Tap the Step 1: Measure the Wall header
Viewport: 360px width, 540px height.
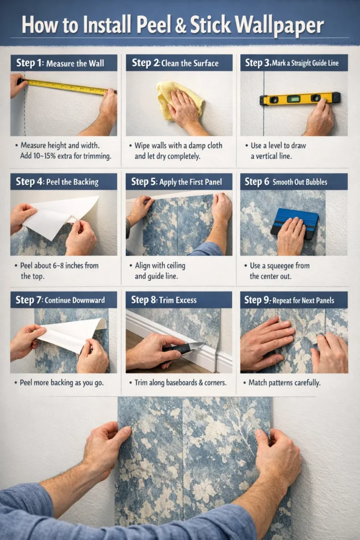click(x=64, y=63)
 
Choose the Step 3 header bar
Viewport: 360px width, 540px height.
click(x=294, y=63)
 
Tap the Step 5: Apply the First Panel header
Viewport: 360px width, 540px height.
click(x=179, y=182)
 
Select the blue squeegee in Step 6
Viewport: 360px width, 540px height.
click(x=295, y=221)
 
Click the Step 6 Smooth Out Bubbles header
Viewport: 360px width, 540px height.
click(x=294, y=182)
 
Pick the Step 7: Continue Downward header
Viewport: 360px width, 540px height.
click(x=64, y=300)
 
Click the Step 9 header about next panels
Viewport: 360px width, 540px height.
click(x=294, y=300)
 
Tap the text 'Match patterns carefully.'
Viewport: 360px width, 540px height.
click(x=284, y=382)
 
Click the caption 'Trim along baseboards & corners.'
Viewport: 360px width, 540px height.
click(x=178, y=382)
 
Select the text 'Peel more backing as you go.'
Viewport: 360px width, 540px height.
click(x=62, y=382)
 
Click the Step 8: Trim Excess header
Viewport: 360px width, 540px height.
click(x=179, y=300)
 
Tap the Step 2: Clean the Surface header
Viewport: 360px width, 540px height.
click(x=179, y=63)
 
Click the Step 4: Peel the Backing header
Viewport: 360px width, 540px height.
click(x=64, y=182)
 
